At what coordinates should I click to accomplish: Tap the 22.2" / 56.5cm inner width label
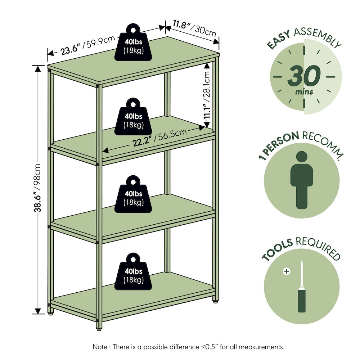[159, 138]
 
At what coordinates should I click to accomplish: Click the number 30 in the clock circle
[304, 75]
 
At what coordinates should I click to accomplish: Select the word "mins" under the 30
[304, 92]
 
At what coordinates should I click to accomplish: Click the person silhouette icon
[302, 180]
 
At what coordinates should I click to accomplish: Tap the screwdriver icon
[302, 287]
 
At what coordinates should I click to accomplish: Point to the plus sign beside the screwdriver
[287, 271]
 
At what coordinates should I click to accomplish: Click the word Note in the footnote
[100, 347]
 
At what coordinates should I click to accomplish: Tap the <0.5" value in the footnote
[212, 347]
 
